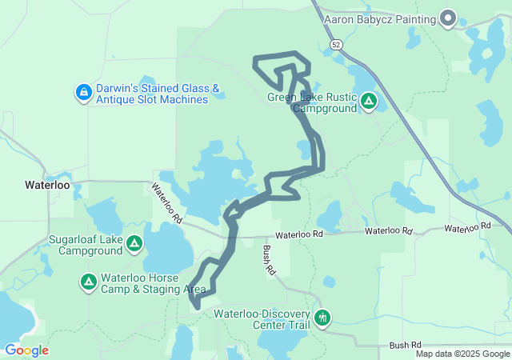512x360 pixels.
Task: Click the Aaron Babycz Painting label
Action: click(380, 18)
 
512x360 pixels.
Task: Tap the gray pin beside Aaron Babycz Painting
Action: click(448, 18)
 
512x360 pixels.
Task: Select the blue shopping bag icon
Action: click(82, 94)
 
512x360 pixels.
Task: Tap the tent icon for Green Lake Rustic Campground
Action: click(369, 102)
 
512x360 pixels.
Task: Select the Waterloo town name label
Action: click(47, 185)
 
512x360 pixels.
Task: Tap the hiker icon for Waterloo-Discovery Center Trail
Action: click(322, 318)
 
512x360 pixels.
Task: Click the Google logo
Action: click(26, 350)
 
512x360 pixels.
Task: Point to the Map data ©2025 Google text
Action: click(462, 354)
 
